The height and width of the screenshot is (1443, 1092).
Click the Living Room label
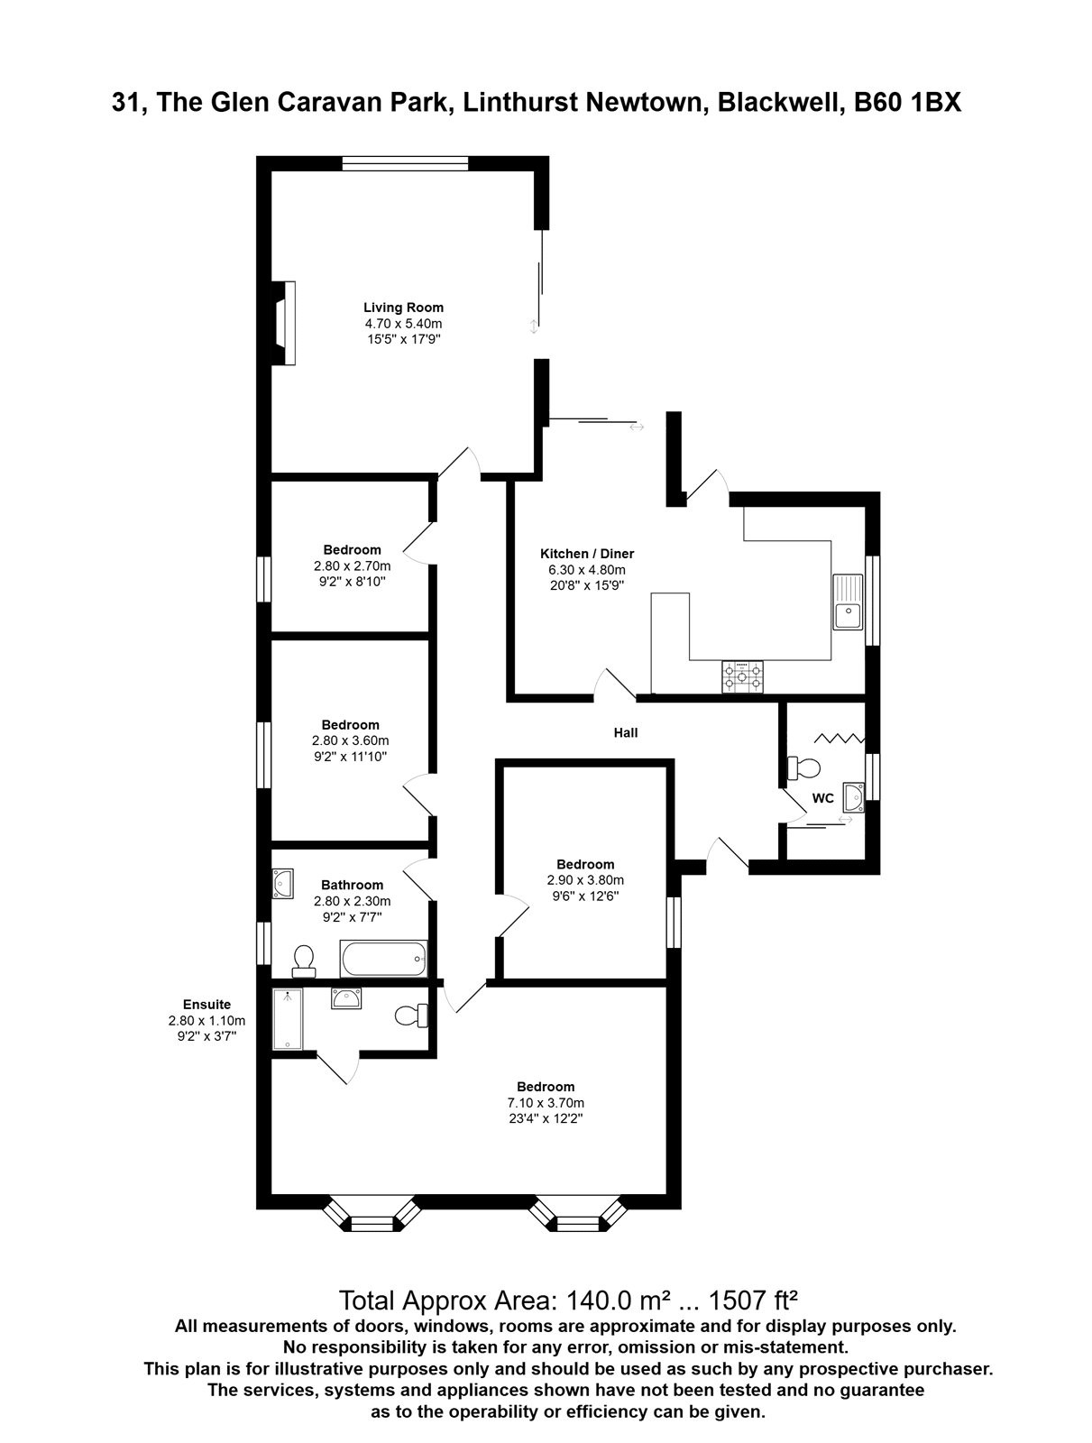tap(403, 307)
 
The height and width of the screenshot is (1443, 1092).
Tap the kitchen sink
tap(847, 602)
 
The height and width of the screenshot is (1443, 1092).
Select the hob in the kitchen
tap(742, 676)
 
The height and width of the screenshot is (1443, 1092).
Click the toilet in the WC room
tap(803, 767)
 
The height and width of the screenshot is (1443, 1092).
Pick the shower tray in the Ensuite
tap(288, 1019)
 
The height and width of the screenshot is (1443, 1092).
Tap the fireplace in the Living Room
tap(285, 323)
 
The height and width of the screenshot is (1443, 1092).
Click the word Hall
tap(626, 732)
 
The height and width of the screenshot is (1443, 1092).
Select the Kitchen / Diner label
tap(587, 554)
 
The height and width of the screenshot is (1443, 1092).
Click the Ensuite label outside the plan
tap(207, 1005)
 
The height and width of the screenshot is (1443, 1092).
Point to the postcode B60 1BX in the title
tap(907, 103)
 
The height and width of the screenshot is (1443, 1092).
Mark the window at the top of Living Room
tap(406, 163)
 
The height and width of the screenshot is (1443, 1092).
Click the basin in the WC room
tap(854, 797)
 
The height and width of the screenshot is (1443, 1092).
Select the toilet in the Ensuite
tap(411, 1016)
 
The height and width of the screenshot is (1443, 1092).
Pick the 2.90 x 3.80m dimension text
tap(585, 879)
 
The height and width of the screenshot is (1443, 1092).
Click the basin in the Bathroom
tap(283, 884)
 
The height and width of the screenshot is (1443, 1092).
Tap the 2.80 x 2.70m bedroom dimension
tap(353, 565)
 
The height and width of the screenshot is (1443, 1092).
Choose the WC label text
tap(822, 798)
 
